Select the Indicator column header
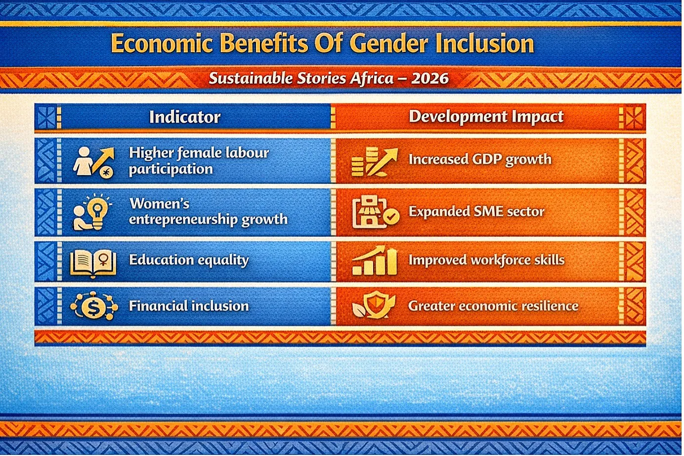185,117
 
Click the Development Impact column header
486,117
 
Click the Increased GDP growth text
480,160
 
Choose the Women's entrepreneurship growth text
208,212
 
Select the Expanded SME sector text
476,212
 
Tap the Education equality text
189,261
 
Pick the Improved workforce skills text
486,260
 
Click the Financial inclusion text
189,306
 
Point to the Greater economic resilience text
493,306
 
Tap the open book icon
93,263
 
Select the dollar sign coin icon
94,306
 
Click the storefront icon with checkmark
375,212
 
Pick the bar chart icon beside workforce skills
374,261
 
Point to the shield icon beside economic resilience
374,305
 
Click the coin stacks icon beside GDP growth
374,162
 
